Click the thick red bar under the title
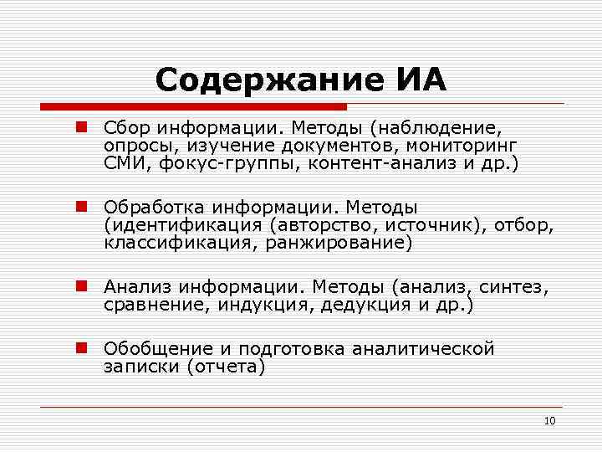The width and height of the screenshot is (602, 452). tap(193, 107)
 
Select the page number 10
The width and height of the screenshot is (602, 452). tap(549, 420)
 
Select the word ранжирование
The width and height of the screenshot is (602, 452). tap(335, 243)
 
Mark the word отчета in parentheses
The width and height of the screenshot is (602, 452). tap(226, 367)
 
